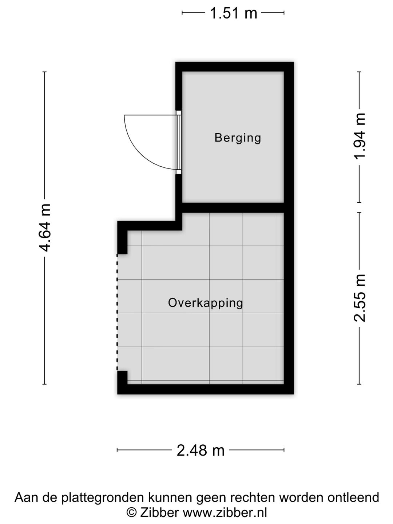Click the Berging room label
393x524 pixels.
pyautogui.click(x=238, y=138)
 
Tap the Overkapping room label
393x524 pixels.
pyautogui.click(x=206, y=303)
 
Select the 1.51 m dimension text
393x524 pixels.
pyautogui.click(x=233, y=13)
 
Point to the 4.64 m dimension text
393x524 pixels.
pyautogui.click(x=45, y=228)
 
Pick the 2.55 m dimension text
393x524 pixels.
pyautogui.click(x=360, y=298)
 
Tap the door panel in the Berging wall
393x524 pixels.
pyautogui.click(x=179, y=142)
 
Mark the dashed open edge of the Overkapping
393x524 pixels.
pyautogui.click(x=117, y=312)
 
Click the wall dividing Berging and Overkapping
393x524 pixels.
pyautogui.click(x=233, y=208)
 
